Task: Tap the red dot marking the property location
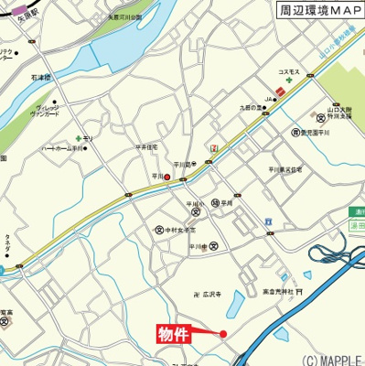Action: pyautogui.click(x=222, y=334)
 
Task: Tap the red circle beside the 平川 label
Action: pyautogui.click(x=166, y=178)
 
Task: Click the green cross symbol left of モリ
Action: pyautogui.click(x=79, y=138)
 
